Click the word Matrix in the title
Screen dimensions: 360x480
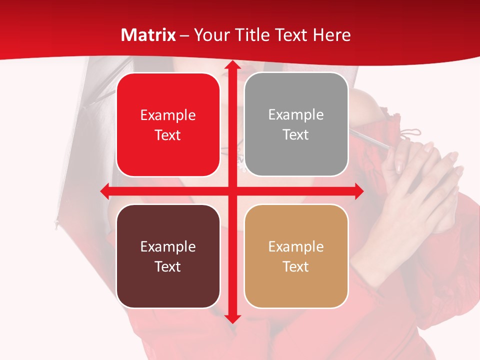[148, 35]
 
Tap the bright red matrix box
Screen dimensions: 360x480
[168, 124]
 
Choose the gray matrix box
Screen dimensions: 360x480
[296, 124]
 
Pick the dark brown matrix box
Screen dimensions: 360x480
[168, 256]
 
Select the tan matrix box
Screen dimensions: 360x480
[296, 256]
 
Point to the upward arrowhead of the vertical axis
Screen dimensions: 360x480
[232, 66]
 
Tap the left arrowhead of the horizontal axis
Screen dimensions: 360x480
[105, 191]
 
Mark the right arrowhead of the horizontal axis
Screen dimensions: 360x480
[359, 191]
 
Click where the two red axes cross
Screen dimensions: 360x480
[232, 191]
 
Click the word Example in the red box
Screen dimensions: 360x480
[168, 115]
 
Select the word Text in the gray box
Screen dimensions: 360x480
[296, 135]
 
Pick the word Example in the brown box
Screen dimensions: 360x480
[168, 247]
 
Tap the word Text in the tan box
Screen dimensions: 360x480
[296, 266]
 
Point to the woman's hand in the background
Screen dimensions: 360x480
[425, 190]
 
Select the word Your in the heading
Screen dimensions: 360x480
[210, 35]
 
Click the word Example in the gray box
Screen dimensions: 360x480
[296, 115]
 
